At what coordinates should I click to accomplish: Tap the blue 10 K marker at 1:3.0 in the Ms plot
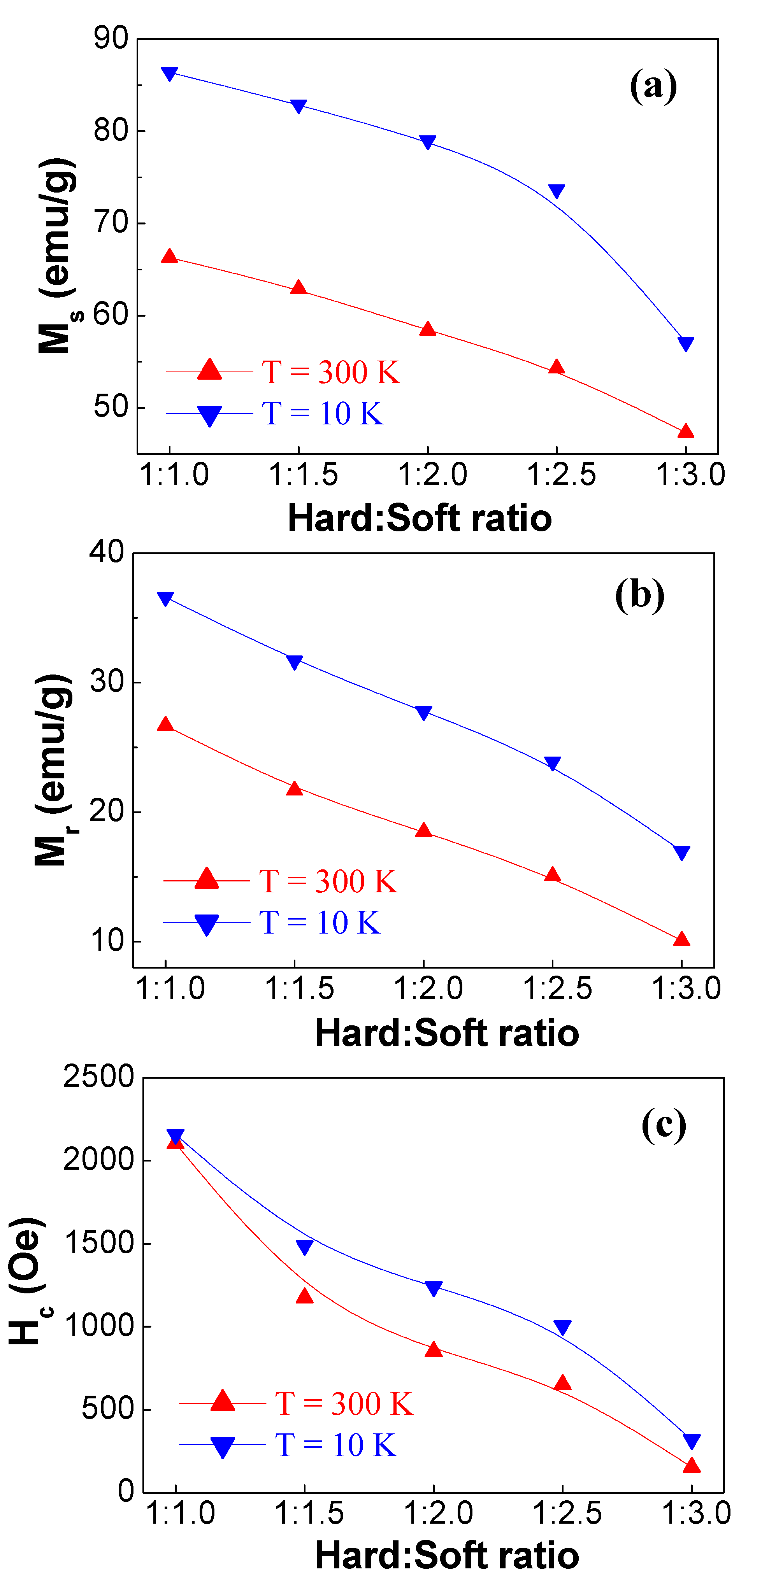(686, 343)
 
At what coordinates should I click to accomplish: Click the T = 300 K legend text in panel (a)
(331, 372)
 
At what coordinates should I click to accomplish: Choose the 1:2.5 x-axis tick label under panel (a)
(562, 475)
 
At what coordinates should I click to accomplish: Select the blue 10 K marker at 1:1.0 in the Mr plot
(165, 599)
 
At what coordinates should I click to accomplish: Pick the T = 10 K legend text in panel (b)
(320, 922)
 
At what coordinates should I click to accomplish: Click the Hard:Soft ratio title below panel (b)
(447, 1033)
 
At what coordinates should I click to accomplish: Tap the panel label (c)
(664, 1125)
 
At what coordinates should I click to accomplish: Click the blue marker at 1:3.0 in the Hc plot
(692, 1441)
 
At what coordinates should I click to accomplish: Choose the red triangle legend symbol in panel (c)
(223, 1402)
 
